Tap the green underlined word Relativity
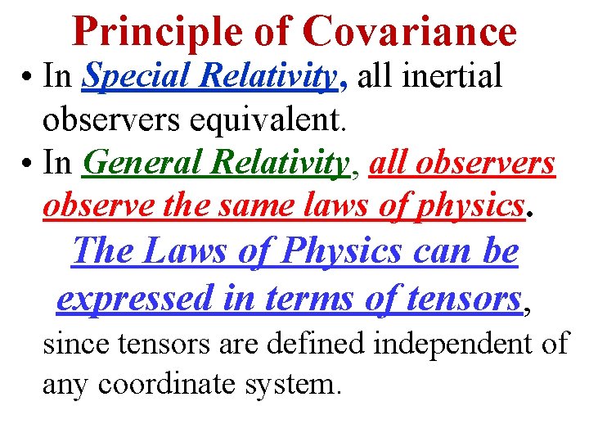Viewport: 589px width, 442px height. tap(280, 162)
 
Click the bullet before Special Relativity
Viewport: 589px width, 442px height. tap(27, 77)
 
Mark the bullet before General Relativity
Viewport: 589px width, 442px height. tap(27, 162)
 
